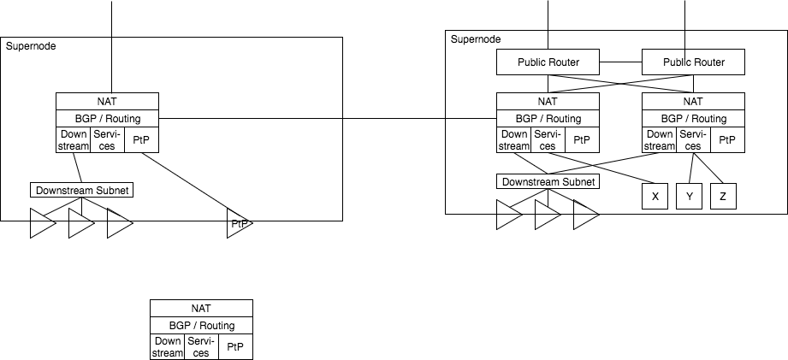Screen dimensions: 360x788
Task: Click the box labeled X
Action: [655, 197]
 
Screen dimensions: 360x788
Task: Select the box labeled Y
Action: [689, 197]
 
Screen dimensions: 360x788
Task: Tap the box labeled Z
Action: [723, 197]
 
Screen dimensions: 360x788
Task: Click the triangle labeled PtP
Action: [239, 225]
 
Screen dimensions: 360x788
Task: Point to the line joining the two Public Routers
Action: [620, 62]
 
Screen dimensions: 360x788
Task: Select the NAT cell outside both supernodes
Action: [201, 308]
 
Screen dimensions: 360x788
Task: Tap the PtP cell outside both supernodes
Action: [235, 347]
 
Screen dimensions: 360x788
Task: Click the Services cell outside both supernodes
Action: [201, 347]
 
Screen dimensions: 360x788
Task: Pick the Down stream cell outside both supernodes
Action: [167, 347]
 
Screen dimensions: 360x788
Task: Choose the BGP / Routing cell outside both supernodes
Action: [201, 326]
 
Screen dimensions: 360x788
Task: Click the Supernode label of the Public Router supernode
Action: [476, 39]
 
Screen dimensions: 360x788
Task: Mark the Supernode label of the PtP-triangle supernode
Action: [31, 46]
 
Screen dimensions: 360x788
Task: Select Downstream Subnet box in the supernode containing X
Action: [548, 182]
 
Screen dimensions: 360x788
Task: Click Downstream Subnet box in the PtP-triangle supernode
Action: [81, 190]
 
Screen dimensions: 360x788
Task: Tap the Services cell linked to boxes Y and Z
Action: [693, 140]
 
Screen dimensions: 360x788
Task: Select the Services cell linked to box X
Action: [548, 140]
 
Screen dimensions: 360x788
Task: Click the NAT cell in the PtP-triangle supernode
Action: [107, 101]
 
